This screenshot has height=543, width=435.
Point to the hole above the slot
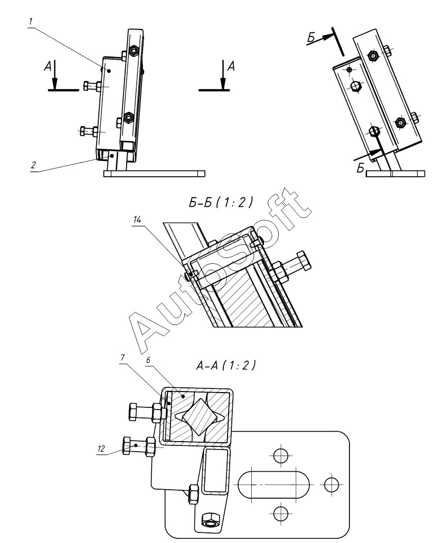(280, 454)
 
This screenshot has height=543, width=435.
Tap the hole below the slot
(280, 512)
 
